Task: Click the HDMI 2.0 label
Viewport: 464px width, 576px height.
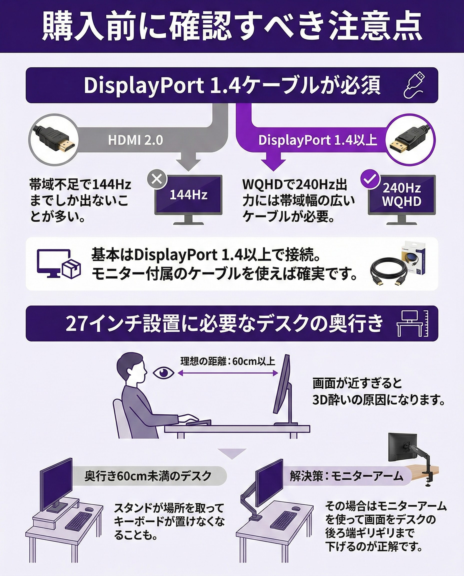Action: click(135, 140)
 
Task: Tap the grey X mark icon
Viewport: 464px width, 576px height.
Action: click(157, 179)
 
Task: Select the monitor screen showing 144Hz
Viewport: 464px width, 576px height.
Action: click(188, 194)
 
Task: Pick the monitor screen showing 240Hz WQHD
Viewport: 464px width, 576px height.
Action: click(402, 194)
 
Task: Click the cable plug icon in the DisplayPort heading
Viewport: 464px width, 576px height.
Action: click(414, 85)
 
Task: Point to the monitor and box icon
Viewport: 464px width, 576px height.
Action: click(59, 263)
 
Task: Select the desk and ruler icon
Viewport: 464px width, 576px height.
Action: click(413, 323)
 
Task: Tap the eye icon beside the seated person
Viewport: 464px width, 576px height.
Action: click(163, 373)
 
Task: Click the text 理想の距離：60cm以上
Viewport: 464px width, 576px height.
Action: click(228, 361)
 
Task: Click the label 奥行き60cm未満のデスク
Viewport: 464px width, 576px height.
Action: click(148, 476)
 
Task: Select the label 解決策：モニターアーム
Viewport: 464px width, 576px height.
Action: click(346, 476)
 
